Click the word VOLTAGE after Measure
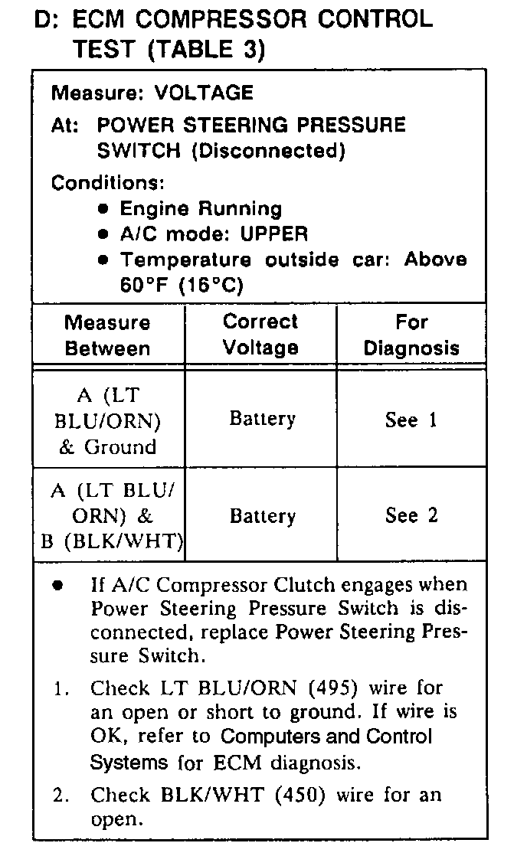coord(203,93)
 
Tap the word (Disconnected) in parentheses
coord(268,151)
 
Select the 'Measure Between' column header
coord(107,335)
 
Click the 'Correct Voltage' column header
coord(260,335)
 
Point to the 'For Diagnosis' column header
coord(411,335)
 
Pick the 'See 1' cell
coord(411,420)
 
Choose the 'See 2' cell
coord(411,515)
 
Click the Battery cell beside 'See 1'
coord(262,419)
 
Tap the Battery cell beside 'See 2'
coord(262,516)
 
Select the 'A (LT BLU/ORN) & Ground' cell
coord(107,421)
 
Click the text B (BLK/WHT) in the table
coord(112,542)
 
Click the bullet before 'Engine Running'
coord(104,209)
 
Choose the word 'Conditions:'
coord(106,184)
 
